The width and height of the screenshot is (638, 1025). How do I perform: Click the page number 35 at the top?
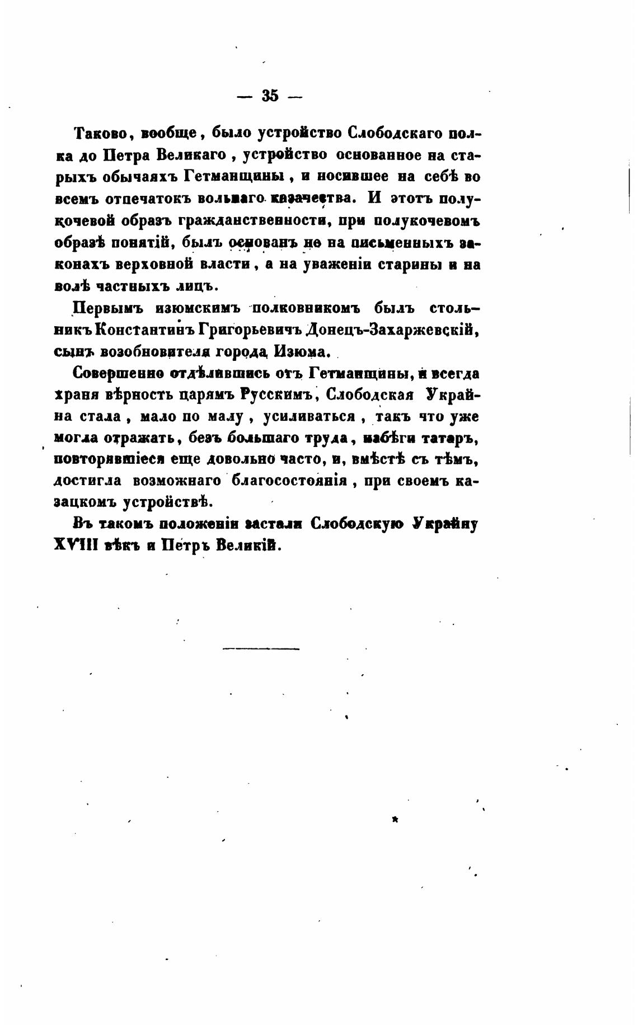[x=270, y=96]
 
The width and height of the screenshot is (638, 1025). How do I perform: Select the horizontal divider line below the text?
[x=261, y=648]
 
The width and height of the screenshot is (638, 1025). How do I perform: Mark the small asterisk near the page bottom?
[x=395, y=820]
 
